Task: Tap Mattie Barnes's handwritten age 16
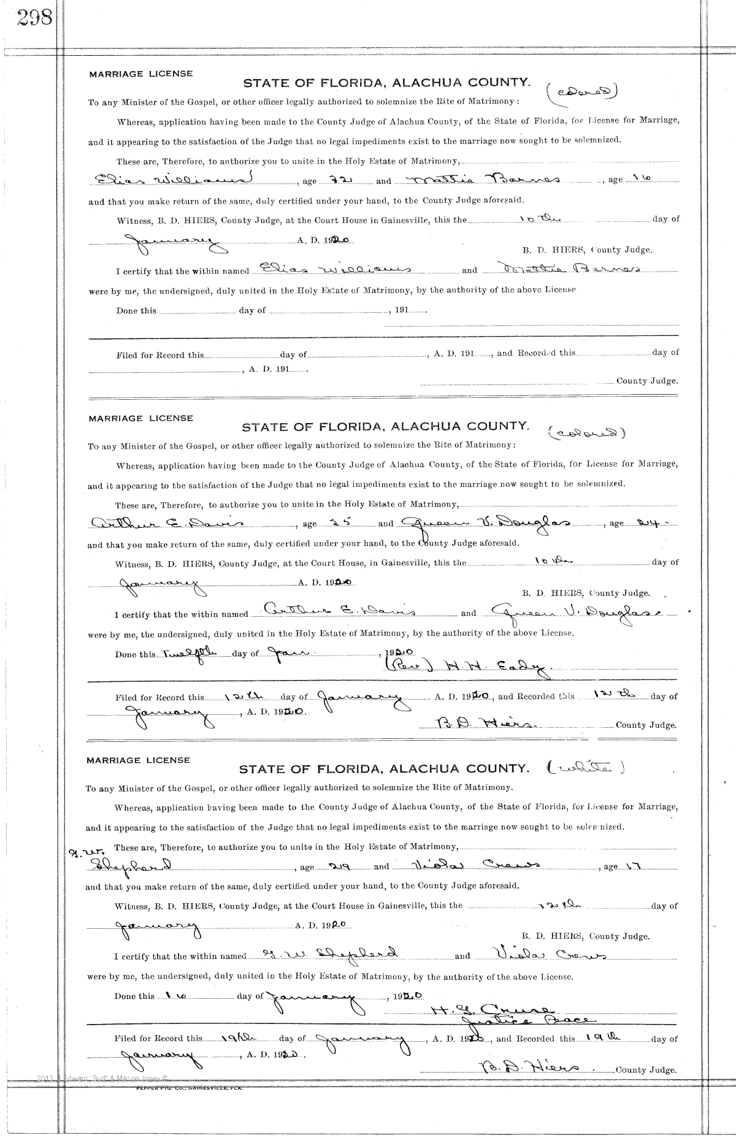point(640,178)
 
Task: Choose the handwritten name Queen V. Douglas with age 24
point(485,523)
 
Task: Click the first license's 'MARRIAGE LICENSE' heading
point(141,74)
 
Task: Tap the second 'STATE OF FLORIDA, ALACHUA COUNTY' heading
point(385,426)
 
